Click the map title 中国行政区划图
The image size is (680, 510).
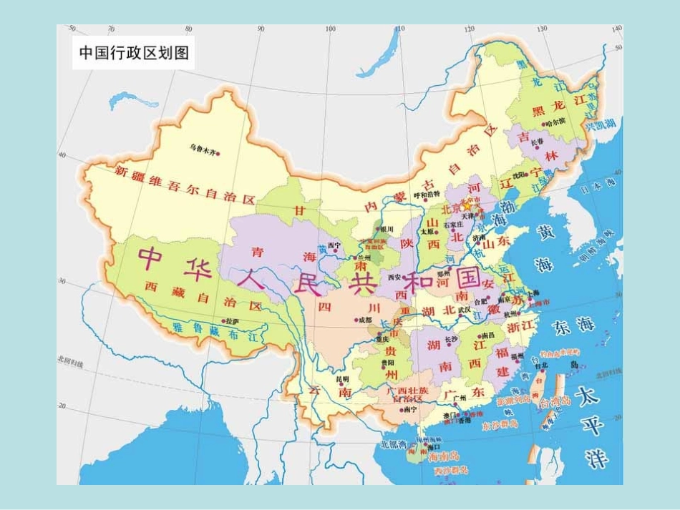pyautogui.click(x=134, y=53)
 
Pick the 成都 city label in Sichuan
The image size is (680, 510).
pyautogui.click(x=364, y=320)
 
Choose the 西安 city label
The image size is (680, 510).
pyautogui.click(x=394, y=277)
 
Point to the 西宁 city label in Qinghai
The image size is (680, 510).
pyautogui.click(x=334, y=245)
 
